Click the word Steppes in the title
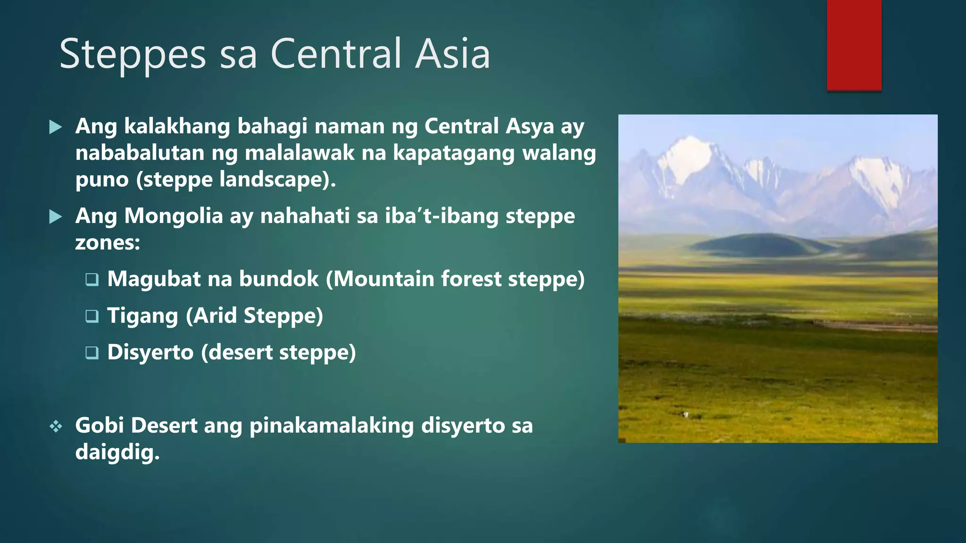tap(133, 55)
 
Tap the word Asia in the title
tap(452, 54)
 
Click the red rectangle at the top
tap(854, 45)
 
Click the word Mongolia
tap(173, 216)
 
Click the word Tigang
tap(142, 316)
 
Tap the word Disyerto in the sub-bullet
tap(150, 353)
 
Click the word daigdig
tap(117, 452)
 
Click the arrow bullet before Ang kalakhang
tap(56, 127)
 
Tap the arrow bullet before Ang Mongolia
tap(56, 217)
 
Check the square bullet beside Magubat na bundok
tap(92, 280)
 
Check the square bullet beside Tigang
tap(92, 316)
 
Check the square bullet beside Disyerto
tap(92, 353)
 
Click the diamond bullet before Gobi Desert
tap(56, 427)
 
